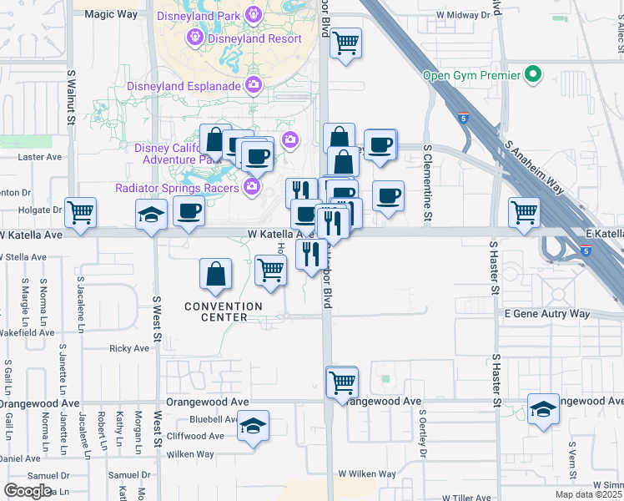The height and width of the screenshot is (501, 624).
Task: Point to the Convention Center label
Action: coord(223,311)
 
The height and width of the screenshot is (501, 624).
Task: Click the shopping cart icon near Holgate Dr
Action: coord(80,213)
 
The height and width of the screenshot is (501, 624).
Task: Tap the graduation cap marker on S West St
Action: coord(151,215)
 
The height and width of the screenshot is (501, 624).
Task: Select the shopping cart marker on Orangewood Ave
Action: coord(342,382)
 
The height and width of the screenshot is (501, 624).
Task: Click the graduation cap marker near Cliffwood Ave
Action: coord(253,427)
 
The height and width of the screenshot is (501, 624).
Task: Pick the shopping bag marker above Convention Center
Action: coord(215,273)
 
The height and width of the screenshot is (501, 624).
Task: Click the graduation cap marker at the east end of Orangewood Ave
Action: coord(543,409)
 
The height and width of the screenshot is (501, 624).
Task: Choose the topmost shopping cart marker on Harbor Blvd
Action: coord(345,43)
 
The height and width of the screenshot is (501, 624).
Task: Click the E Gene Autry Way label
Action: coord(547,314)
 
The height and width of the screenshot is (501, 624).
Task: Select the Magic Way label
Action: coord(110,14)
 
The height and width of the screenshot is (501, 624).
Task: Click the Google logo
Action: coord(28,491)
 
